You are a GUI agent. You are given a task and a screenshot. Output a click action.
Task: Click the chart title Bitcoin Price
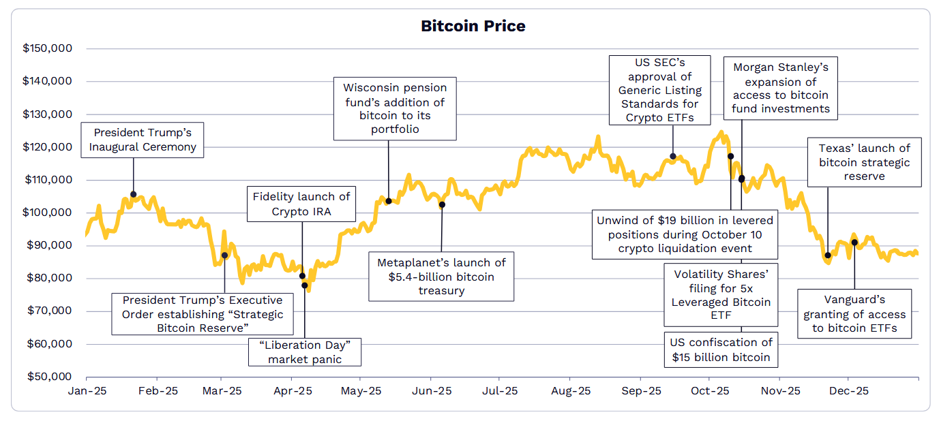pos(473,27)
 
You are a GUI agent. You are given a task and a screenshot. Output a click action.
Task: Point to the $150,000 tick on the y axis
pos(57,49)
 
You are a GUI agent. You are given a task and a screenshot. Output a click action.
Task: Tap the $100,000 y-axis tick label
pos(57,213)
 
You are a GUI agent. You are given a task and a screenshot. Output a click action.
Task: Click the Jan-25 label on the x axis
pos(87,391)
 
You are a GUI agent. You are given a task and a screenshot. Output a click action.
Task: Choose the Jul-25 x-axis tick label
pos(500,391)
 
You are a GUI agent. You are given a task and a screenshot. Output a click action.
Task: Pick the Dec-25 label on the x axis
pos(849,391)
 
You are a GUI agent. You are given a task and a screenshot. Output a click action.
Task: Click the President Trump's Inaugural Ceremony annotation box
pos(143,140)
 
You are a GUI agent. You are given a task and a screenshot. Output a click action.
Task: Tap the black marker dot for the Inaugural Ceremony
pos(133,194)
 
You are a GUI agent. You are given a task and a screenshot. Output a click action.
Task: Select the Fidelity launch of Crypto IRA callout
pos(301,204)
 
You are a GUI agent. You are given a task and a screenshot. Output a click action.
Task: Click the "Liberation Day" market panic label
pos(304,352)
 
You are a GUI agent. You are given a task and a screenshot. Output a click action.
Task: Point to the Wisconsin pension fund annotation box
pos(395,108)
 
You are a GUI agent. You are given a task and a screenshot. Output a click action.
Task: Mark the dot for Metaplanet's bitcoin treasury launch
pos(442,204)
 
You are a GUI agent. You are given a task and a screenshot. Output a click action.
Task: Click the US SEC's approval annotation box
pos(659,91)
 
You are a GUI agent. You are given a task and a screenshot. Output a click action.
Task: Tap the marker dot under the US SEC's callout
pos(673,156)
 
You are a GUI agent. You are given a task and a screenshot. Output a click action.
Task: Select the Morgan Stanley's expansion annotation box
pos(781,88)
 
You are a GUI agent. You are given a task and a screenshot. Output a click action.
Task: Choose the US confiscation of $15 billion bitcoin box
pos(721,349)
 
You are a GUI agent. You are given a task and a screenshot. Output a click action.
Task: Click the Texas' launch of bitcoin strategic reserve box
pos(864,162)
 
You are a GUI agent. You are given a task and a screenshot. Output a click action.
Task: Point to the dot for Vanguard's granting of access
pos(854,243)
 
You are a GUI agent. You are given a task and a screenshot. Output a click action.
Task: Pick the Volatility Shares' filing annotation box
pos(721,295)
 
